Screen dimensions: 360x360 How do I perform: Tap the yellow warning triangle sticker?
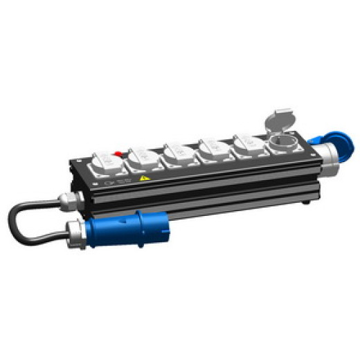tap(145, 178)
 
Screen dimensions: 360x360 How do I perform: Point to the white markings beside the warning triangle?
tap(119, 182)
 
